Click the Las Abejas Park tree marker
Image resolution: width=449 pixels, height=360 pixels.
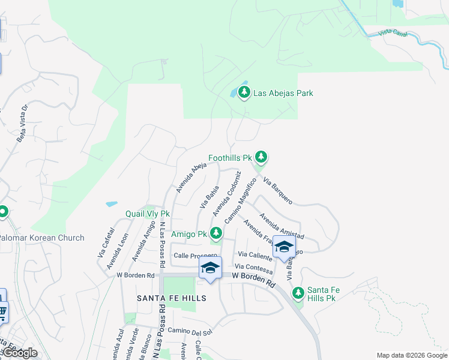point(244,92)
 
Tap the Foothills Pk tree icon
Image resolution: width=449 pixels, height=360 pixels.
point(261,157)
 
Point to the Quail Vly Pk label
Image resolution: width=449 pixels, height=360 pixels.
point(148,214)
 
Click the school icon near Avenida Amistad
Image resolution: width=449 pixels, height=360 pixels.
point(283,247)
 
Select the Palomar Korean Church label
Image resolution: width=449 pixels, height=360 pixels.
point(42,238)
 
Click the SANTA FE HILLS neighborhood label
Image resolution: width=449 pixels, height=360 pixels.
point(172,298)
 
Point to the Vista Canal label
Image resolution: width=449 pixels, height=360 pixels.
point(393,34)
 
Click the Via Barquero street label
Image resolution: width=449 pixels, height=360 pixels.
point(277,191)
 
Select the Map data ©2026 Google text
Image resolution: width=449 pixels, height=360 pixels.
point(411,355)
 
